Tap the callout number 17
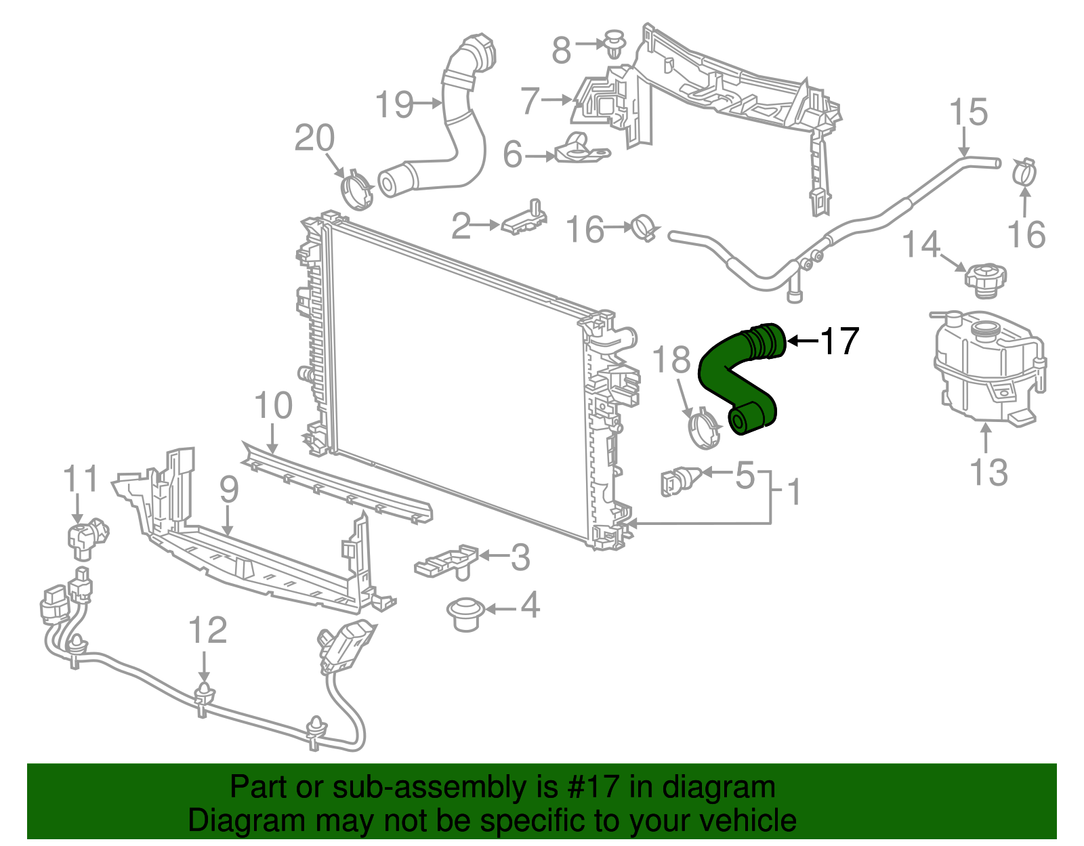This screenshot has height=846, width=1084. [839, 341]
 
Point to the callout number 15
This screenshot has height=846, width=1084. [968, 112]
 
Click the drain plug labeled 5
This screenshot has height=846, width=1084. [677, 482]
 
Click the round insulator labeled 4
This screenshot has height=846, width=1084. [463, 614]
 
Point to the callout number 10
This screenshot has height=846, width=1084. [273, 406]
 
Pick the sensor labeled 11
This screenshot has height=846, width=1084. [86, 535]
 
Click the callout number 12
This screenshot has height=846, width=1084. [207, 631]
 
